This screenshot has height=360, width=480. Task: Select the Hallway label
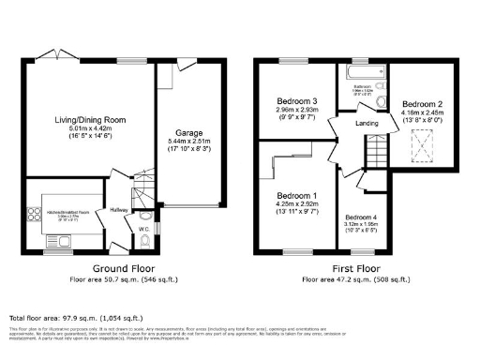119,210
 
